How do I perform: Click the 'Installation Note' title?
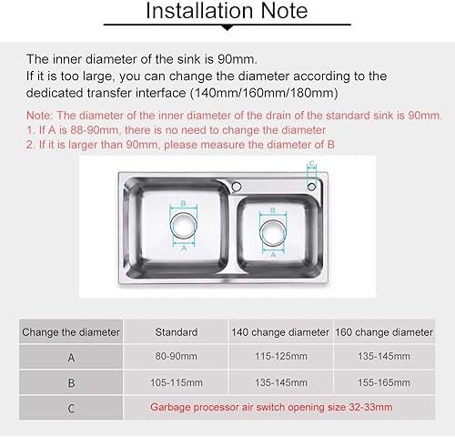click(227, 11)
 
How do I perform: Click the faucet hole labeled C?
click(311, 187)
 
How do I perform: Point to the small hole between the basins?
click(237, 186)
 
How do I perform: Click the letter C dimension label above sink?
click(311, 164)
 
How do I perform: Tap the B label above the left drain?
click(183, 203)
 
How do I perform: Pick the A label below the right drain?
click(273, 255)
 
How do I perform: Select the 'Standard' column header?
click(177, 332)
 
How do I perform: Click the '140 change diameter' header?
click(280, 332)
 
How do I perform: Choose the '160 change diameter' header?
click(384, 332)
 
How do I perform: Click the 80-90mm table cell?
click(177, 356)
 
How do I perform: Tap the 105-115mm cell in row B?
click(177, 382)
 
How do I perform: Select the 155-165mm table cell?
click(384, 382)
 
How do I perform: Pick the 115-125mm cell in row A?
click(281, 356)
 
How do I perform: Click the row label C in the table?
click(71, 409)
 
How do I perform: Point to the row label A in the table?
click(71, 358)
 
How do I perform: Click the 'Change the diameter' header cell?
click(71, 332)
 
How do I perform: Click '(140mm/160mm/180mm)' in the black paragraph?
click(264, 93)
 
